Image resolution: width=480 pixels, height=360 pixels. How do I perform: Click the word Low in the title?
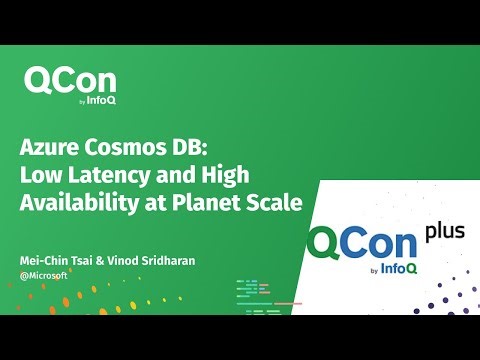pyautogui.click(x=39, y=176)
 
